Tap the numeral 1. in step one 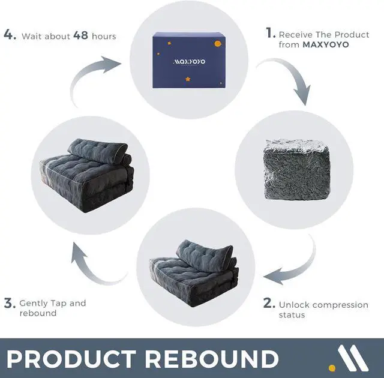pyautogui.click(x=271, y=33)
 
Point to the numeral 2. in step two pyautogui.click(x=269, y=304)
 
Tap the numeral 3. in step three pyautogui.click(x=9, y=303)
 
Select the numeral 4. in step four pyautogui.click(x=10, y=35)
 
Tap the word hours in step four pyautogui.click(x=104, y=36)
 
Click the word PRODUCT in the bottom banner pyautogui.click(x=71, y=358)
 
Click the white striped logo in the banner pyautogui.click(x=353, y=358)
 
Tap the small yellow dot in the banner pyautogui.click(x=332, y=367)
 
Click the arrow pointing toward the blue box pyautogui.click(x=90, y=76)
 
